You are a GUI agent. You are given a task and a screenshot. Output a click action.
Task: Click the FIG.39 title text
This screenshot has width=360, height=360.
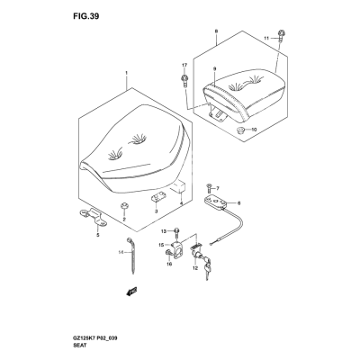85,16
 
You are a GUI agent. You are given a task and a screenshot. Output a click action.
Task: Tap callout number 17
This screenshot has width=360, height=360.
184,65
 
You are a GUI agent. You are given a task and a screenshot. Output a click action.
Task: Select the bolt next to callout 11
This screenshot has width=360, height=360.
281,36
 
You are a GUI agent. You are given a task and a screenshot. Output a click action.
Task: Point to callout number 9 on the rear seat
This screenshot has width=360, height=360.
214,68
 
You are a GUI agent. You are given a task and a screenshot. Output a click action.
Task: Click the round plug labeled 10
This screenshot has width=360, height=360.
240,130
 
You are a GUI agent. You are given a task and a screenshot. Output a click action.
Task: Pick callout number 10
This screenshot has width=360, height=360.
254,130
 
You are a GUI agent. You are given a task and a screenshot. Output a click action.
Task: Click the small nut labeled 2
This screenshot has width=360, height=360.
123,206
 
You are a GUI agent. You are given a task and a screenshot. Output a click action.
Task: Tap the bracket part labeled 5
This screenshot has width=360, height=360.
93,218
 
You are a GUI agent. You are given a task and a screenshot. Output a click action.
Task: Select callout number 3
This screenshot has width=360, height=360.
156,211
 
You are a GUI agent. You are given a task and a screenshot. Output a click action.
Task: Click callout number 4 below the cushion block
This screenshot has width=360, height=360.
181,203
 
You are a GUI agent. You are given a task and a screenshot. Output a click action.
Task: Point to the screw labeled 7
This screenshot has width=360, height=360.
209,189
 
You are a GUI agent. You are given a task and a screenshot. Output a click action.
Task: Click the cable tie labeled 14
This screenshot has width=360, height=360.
130,255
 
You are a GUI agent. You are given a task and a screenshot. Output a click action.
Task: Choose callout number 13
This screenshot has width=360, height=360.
163,231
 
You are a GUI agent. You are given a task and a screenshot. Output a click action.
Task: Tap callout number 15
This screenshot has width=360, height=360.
161,245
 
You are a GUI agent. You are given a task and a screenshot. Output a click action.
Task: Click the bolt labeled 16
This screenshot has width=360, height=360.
168,254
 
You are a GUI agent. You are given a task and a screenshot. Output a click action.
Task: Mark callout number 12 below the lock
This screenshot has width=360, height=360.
195,268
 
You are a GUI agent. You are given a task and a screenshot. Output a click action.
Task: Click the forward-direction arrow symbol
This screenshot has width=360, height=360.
130,291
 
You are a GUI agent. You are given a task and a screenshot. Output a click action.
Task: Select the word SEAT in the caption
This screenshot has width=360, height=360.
79,346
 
